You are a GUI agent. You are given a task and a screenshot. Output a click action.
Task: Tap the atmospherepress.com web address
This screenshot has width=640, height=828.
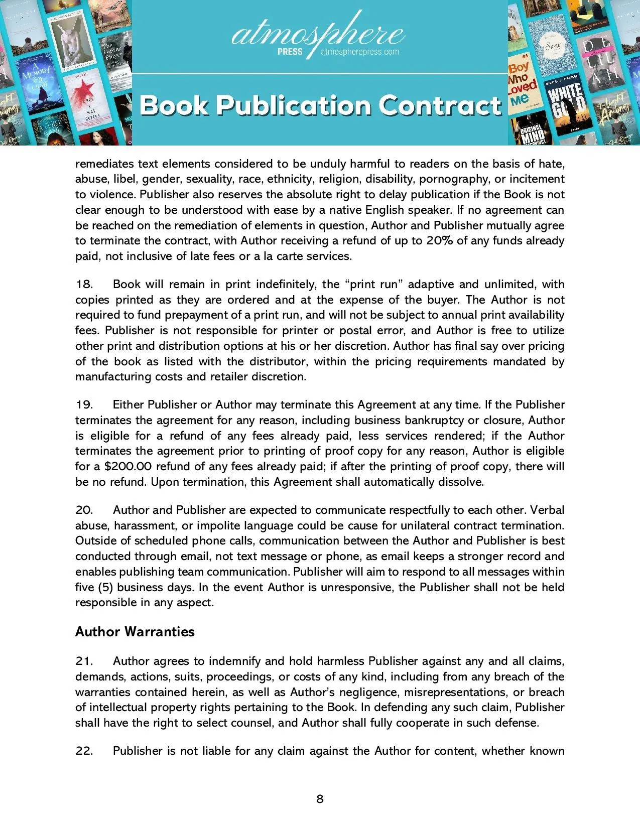(x=360, y=52)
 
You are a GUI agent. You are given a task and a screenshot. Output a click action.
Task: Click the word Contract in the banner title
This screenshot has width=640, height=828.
(x=440, y=105)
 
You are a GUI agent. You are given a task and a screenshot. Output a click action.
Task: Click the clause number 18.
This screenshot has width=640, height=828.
(x=84, y=285)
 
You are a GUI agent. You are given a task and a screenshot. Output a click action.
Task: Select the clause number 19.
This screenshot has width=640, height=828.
(x=84, y=405)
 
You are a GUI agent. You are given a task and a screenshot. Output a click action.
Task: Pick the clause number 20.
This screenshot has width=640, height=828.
(x=84, y=510)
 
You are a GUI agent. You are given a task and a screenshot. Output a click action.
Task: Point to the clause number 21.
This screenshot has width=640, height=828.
(x=84, y=661)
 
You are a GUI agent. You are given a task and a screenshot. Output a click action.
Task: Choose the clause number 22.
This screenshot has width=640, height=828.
(x=84, y=751)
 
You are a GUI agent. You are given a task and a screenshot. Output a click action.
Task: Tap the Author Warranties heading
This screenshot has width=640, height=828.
(x=135, y=632)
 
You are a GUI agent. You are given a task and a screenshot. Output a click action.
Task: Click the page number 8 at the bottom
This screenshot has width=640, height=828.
(x=320, y=799)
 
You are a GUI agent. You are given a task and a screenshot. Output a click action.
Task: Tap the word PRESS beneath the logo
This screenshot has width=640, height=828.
(x=290, y=52)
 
